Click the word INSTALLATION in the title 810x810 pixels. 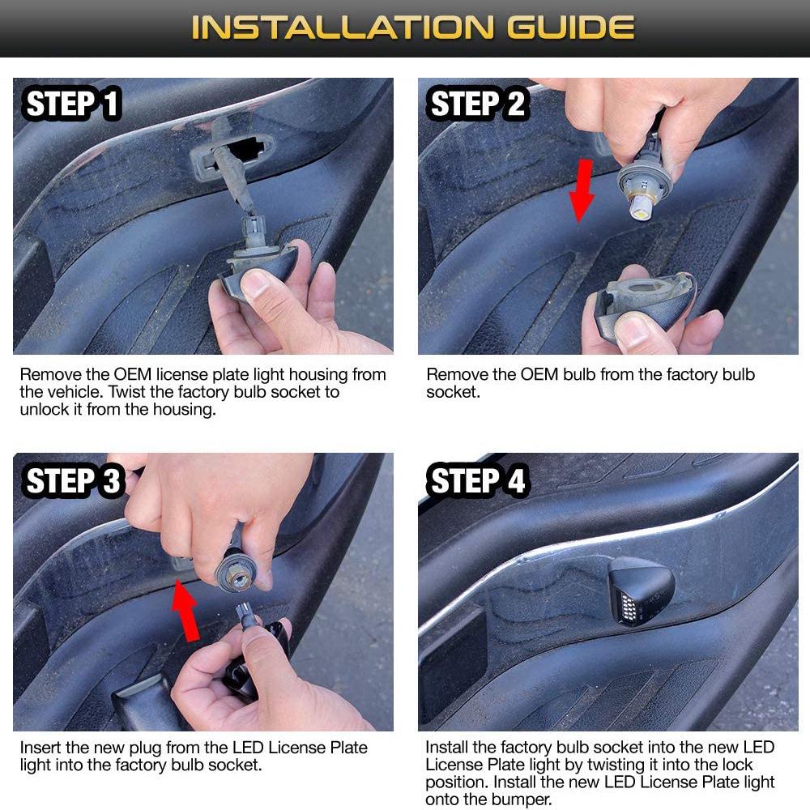tap(342, 28)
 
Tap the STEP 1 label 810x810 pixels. tap(72, 104)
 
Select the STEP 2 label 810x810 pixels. tap(477, 104)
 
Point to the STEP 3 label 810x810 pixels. tap(73, 480)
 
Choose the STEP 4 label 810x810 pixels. tap(477, 480)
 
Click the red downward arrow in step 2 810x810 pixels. tap(582, 190)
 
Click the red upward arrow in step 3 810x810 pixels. tap(186, 611)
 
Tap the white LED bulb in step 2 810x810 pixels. tap(641, 207)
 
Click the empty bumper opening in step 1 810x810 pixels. tap(245, 148)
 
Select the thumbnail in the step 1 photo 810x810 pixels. tap(256, 284)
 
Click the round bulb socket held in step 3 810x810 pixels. tap(236, 573)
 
